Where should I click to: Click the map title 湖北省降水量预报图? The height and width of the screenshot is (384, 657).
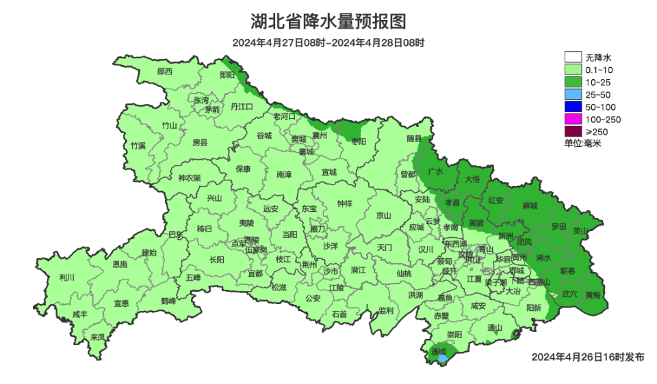point(328,22)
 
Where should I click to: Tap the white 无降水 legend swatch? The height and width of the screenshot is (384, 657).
point(573,57)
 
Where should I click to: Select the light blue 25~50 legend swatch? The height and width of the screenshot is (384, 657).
point(573,94)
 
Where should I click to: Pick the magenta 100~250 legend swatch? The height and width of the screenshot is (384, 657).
point(573,119)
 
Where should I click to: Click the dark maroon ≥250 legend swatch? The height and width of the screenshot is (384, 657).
point(573,131)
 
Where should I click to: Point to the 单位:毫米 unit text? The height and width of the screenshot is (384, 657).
point(582,143)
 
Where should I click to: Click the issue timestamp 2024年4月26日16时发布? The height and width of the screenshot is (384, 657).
point(588,357)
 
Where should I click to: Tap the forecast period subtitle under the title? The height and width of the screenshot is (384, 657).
point(328,42)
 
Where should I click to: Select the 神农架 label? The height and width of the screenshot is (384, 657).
point(190,178)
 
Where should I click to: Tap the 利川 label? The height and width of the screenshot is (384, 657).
point(66,277)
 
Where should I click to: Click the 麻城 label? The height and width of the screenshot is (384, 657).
point(530,206)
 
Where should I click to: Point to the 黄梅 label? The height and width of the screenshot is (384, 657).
point(593,294)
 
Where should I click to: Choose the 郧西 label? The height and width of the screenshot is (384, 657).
point(164,71)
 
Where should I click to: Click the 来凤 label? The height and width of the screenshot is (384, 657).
point(97,337)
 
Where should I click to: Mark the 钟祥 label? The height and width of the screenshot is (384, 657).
point(345,203)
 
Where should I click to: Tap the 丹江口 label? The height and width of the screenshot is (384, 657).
point(242,107)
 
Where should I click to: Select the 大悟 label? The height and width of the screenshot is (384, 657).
point(472,179)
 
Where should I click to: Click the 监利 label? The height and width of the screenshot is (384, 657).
point(386,310)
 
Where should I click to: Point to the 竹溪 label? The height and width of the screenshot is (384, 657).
point(138,146)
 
